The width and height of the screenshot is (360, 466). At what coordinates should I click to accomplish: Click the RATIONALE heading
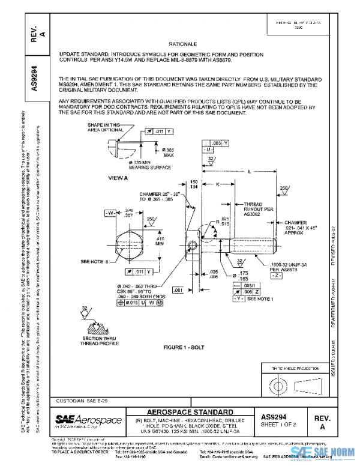point(189,44)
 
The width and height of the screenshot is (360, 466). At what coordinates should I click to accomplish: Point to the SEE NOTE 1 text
point(263,298)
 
